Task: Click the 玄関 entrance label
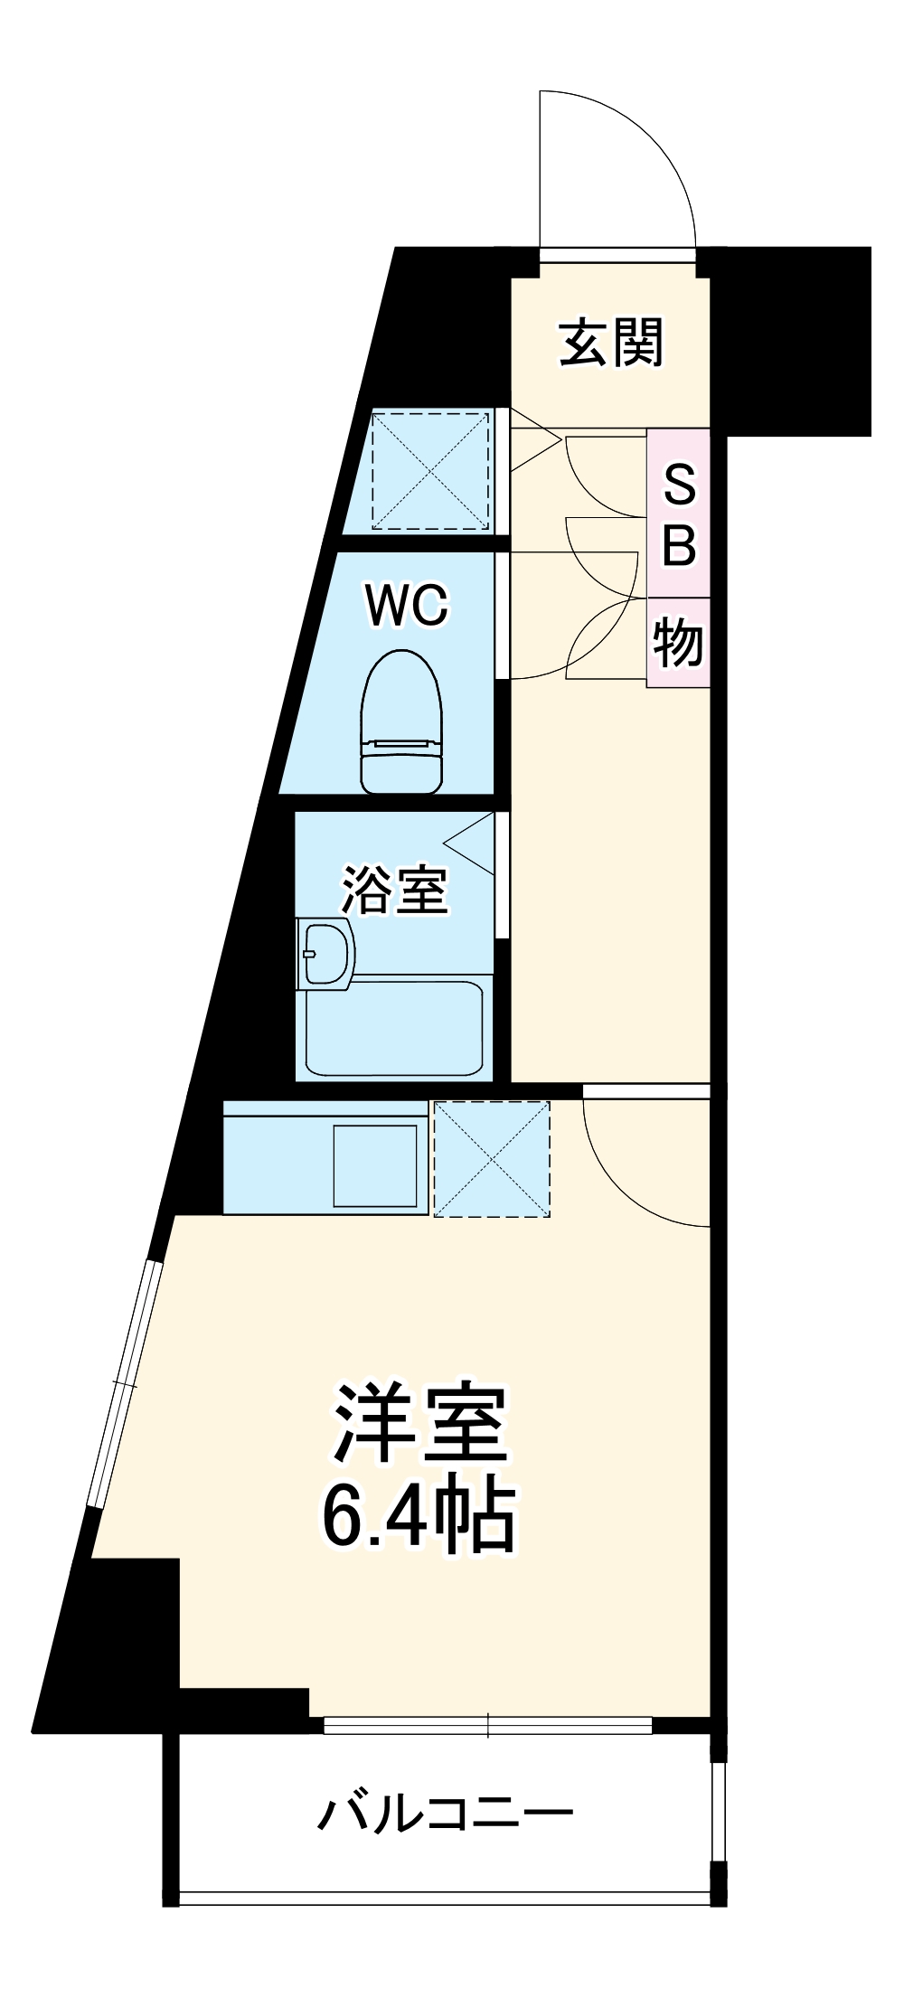(x=612, y=343)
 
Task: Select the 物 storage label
(x=678, y=643)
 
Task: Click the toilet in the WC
(x=402, y=722)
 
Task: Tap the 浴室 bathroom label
(x=394, y=891)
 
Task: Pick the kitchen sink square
(x=375, y=1165)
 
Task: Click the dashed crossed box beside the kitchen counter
(x=492, y=1158)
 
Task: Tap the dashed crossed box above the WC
(x=430, y=470)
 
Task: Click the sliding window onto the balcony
(x=488, y=1725)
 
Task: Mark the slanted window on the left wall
(x=125, y=1383)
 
